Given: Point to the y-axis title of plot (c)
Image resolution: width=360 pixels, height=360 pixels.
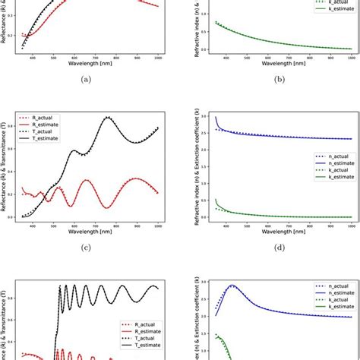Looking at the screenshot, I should pyautogui.click(x=7, y=164).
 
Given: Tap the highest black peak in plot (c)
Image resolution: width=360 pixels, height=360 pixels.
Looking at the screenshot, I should pyautogui.click(x=109, y=117).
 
